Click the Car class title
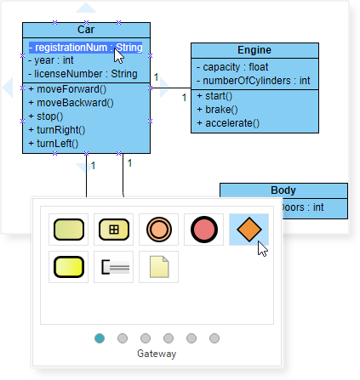click(x=86, y=30)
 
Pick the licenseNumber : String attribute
click(x=82, y=74)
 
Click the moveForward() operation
click(x=67, y=89)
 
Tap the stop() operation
click(x=50, y=116)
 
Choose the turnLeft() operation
click(x=56, y=143)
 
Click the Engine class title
click(x=255, y=50)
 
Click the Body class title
click(x=283, y=190)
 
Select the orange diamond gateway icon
click(x=249, y=230)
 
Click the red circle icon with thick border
click(x=204, y=230)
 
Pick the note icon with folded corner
click(x=159, y=267)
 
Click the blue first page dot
click(x=100, y=337)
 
